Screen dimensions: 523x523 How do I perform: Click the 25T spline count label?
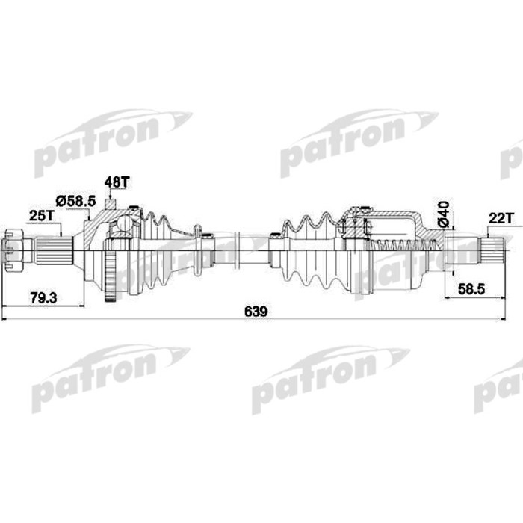(42, 215)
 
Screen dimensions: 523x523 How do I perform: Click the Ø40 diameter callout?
(443, 213)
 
